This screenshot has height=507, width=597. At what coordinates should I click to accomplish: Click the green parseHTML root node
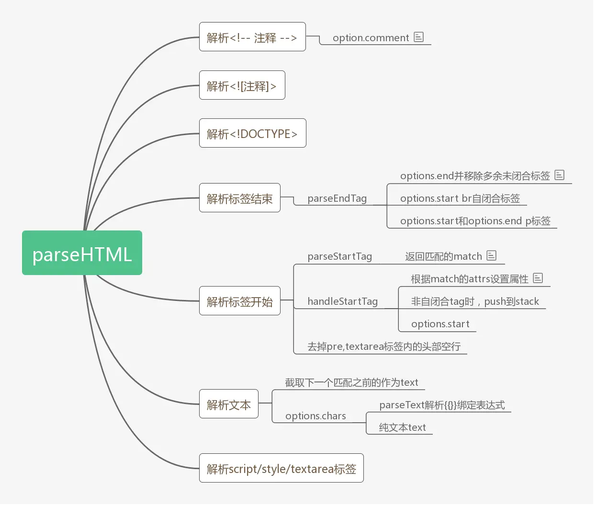[x=82, y=253]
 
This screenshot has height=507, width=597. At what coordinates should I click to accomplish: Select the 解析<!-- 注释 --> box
[x=252, y=37]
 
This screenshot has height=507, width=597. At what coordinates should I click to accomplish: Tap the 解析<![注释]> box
[x=242, y=85]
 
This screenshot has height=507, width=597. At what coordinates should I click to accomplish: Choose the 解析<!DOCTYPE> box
[x=252, y=133]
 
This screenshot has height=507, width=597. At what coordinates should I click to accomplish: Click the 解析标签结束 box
[x=239, y=198]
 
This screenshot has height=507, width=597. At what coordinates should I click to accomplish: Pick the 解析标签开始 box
[x=239, y=301]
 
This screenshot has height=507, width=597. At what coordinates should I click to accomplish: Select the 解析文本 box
[x=228, y=404]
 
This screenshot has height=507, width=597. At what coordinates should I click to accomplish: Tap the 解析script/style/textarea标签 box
[x=281, y=468]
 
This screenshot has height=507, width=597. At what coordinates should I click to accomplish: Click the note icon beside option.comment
[x=419, y=37]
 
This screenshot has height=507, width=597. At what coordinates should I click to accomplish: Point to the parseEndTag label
[x=337, y=198]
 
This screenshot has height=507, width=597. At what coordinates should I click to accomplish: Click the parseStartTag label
[x=339, y=256]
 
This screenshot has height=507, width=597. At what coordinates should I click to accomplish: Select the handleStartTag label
[x=342, y=301]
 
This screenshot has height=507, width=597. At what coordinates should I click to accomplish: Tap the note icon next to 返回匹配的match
[x=492, y=255]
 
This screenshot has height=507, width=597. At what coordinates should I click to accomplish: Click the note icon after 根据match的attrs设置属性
[x=538, y=278]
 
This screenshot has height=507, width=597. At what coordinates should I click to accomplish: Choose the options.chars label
[x=315, y=416]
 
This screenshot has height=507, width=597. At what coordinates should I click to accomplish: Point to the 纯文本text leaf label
[x=402, y=427]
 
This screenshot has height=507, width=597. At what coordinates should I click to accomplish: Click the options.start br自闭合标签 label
[x=460, y=198]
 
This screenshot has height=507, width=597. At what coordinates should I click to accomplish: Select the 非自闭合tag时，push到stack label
[x=475, y=301]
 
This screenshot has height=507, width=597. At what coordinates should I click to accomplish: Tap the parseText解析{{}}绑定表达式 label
[x=442, y=405]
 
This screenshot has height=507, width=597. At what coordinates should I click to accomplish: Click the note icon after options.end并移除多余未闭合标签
[x=560, y=175]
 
